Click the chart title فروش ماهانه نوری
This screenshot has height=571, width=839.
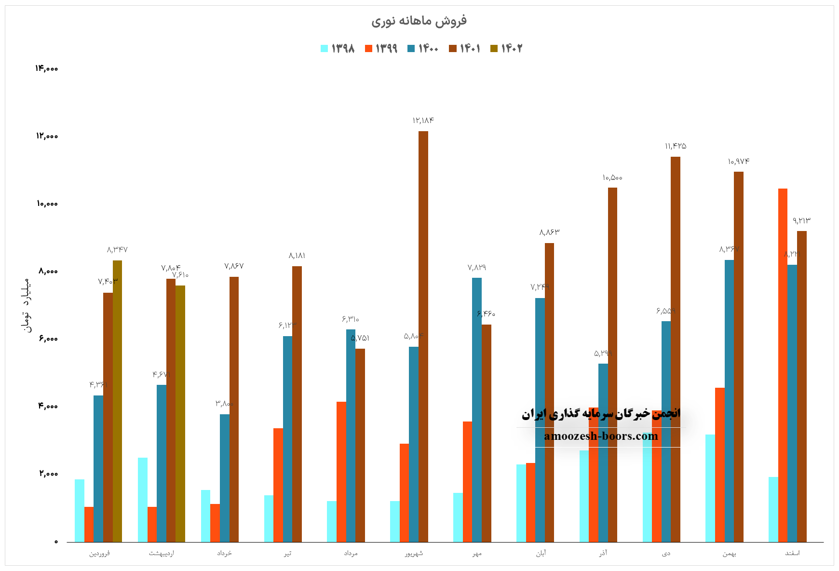tap(419, 21)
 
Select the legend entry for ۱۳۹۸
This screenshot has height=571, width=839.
tap(338, 48)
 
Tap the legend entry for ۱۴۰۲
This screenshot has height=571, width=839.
tap(506, 48)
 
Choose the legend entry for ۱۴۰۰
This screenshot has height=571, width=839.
tap(423, 48)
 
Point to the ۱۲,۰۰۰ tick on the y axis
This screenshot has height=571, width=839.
tap(46, 136)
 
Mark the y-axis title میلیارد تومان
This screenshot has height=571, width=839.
tap(26, 305)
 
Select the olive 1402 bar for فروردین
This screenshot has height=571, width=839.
tap(117, 401)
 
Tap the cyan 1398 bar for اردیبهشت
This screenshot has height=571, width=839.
tap(142, 500)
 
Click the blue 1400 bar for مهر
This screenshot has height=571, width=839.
tap(476, 409)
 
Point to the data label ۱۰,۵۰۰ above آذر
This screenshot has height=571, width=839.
tap(612, 178)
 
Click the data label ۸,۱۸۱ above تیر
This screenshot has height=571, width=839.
tap(297, 256)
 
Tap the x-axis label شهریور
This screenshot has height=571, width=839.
tap(414, 553)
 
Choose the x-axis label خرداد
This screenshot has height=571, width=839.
tap(224, 553)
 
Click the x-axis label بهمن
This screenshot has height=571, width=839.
tap(729, 553)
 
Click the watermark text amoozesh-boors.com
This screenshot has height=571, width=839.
tap(601, 436)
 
